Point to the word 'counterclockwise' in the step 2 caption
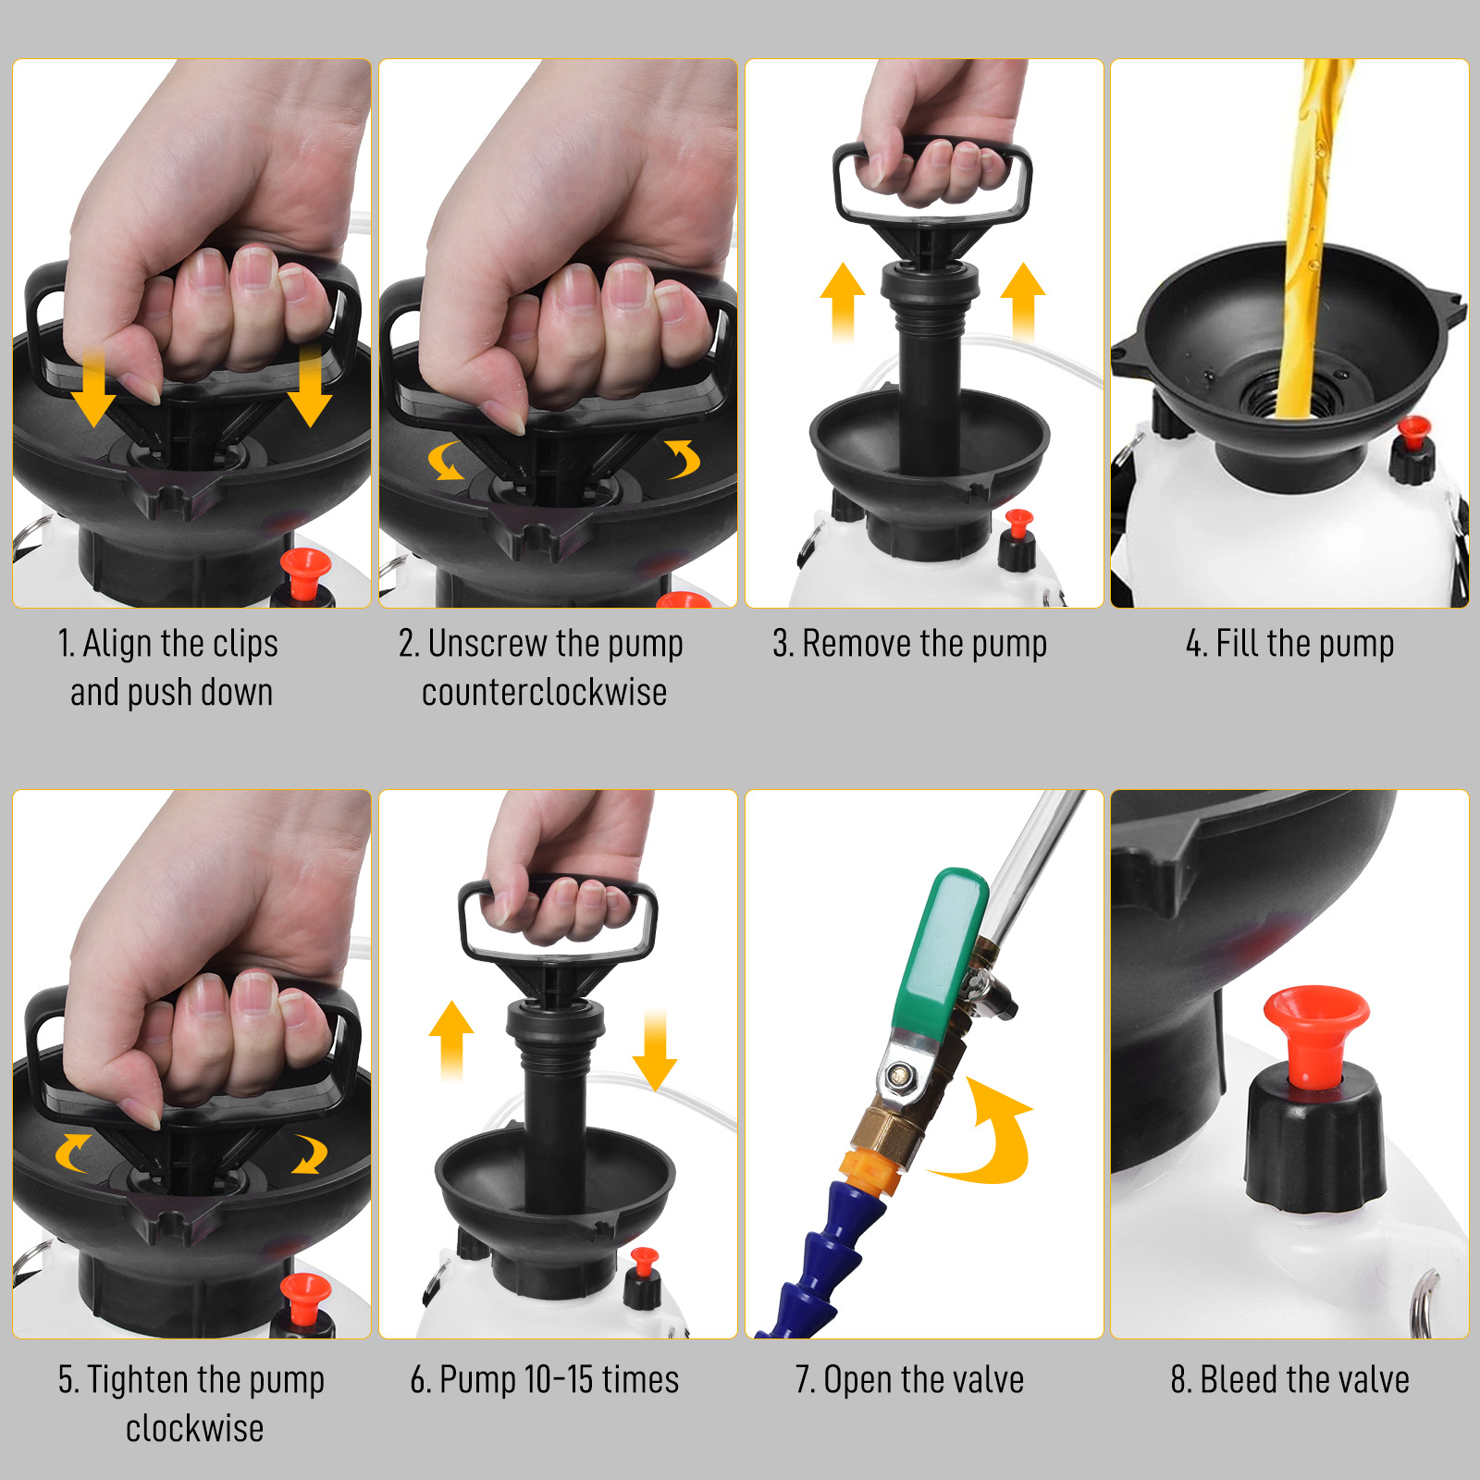pyautogui.click(x=544, y=692)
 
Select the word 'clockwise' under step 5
pyautogui.click(x=194, y=1428)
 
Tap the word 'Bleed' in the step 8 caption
pyautogui.click(x=1237, y=1380)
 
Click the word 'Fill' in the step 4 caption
pyautogui.click(x=1237, y=644)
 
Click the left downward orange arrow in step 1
pyautogui.click(x=93, y=387)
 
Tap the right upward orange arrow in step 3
pyautogui.click(x=1023, y=302)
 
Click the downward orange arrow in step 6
pyautogui.click(x=655, y=1050)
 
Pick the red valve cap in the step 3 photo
pyautogui.click(x=1018, y=524)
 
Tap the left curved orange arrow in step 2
pyautogui.click(x=446, y=461)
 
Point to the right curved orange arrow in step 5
pyautogui.click(x=310, y=1153)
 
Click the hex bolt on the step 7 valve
pyautogui.click(x=895, y=1075)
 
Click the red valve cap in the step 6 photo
pyautogui.click(x=644, y=1262)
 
